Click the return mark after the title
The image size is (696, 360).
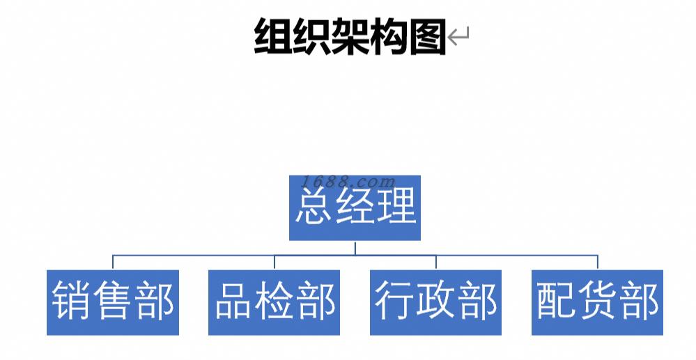pos(458,37)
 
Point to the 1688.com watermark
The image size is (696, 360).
pos(349,182)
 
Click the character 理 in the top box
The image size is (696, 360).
pos(396,207)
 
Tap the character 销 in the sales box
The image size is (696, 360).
pos(72,302)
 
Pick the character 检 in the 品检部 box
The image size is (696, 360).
pos(275,302)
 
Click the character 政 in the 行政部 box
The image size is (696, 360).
pos(437,302)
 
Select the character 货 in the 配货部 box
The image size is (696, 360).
pos(598,302)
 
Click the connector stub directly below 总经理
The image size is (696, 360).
pos(355,248)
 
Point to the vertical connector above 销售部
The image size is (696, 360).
pos(113,263)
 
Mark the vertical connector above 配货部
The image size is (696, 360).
pos(598,263)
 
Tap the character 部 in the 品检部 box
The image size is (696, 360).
pos(316,302)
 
